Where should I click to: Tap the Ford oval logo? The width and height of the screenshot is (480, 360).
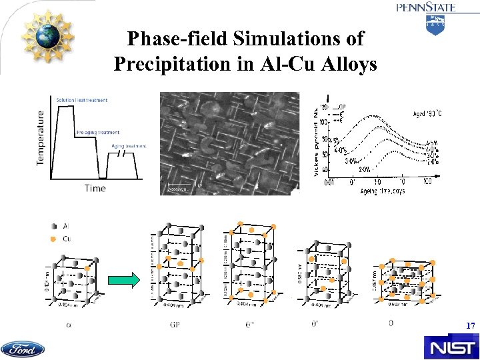(x=23, y=349)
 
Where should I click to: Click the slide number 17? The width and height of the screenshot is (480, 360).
(x=471, y=326)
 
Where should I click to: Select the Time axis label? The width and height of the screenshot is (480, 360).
(x=95, y=189)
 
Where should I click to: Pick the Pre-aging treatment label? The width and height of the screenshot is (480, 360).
(x=97, y=131)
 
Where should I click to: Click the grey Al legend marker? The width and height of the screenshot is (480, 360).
(x=53, y=225)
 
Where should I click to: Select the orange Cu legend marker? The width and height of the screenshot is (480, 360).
(x=53, y=238)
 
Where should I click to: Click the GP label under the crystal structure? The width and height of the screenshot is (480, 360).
(x=175, y=325)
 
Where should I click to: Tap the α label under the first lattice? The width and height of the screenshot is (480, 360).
(x=69, y=325)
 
